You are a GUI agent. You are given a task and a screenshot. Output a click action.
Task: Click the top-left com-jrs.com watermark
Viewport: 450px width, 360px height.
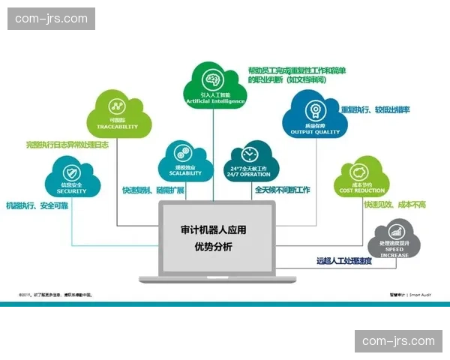[x=51, y=18]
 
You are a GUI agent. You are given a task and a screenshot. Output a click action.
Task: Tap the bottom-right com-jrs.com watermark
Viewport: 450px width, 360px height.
[x=398, y=341]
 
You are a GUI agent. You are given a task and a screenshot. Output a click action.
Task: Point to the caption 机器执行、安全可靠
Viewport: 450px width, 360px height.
[x=37, y=205]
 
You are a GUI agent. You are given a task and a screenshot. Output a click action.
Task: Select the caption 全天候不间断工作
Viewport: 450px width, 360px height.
[x=282, y=190]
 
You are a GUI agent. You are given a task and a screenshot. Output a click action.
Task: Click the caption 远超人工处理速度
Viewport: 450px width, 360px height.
[x=343, y=262]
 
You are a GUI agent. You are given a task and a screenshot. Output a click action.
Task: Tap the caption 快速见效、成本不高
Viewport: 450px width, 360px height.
[x=394, y=205]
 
